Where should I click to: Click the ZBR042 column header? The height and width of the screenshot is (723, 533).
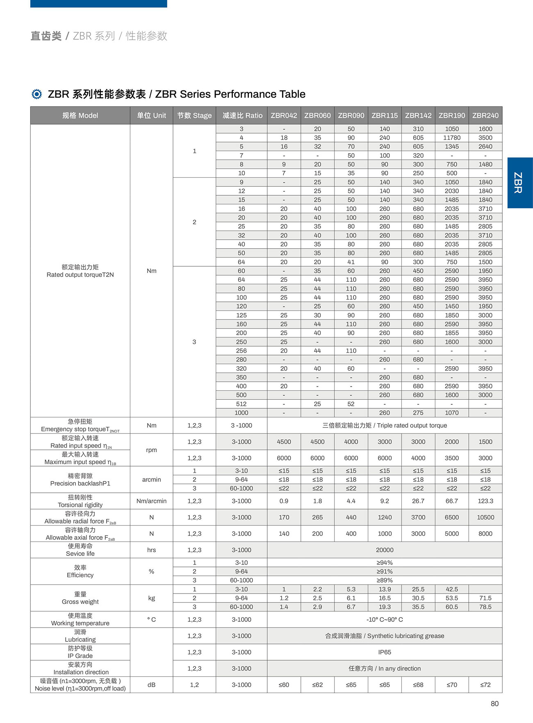pos(284,116)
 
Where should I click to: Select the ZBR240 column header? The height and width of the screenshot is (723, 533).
pos(485,116)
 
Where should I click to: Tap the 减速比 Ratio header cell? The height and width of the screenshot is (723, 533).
pos(242,116)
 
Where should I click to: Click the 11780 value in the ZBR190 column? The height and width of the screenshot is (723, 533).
pos(451,138)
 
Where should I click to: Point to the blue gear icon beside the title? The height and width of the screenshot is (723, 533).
pos(36,94)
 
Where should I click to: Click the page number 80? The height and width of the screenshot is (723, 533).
pos(494,703)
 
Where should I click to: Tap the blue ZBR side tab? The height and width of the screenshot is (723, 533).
pos(519,183)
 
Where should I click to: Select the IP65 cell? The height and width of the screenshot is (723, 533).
pos(384,652)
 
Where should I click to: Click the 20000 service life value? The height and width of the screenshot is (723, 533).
pos(384,550)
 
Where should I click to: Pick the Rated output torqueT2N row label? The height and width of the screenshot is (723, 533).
pos(80,271)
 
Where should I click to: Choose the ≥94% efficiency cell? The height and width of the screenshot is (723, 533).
pos(384,562)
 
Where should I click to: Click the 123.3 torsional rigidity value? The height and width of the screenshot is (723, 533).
pos(485,501)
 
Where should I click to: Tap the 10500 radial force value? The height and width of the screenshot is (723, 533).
pos(485,517)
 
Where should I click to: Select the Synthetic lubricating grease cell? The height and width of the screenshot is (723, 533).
pos(384,636)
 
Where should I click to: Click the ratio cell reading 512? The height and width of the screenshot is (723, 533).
pos(241,404)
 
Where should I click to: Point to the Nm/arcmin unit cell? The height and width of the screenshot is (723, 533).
pos(151,501)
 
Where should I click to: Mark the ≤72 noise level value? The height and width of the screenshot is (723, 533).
pos(485,684)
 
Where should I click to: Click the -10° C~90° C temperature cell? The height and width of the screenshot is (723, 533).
pos(384,619)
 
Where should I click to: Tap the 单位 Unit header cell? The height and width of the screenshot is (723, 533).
pos(151,116)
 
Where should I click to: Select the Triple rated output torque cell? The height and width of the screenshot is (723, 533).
pos(384,425)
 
